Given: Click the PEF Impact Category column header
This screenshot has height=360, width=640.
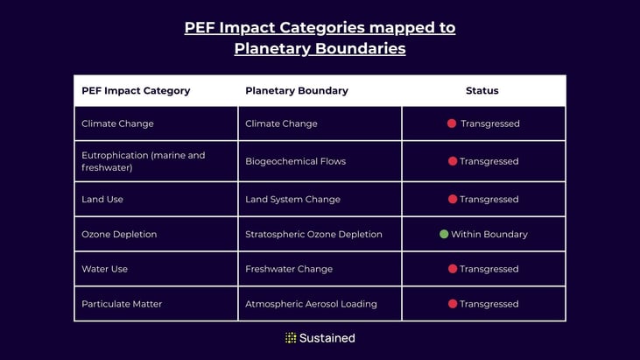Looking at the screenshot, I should pos(136,91).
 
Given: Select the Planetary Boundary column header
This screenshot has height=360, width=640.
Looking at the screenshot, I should pos(297,91).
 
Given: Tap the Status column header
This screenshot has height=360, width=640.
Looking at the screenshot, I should pos(482,91).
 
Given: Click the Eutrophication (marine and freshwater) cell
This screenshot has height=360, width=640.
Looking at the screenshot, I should pos(144,161).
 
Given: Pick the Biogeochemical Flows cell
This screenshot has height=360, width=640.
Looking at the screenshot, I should pos(295,161).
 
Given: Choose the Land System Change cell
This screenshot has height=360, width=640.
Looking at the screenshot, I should pos(292,200).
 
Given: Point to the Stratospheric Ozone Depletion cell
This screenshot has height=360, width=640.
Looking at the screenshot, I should pos(313,235).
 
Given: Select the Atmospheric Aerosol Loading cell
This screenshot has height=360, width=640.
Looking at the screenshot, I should pos(311,304).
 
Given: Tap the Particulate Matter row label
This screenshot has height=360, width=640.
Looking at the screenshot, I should pos(122,304).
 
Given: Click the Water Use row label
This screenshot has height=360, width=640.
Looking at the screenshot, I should pos(104,269).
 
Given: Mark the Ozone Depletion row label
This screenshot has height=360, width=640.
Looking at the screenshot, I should pos(119,235).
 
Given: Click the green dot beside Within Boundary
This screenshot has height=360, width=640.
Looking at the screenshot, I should pos(444,234).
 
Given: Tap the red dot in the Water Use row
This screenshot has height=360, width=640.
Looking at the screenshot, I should pos(453,269).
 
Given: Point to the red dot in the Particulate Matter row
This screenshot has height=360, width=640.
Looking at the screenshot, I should pos(453,304).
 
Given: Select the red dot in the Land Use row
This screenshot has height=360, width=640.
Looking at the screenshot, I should pos(453,200).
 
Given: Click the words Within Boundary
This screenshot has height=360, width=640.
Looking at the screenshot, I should pos(489,235).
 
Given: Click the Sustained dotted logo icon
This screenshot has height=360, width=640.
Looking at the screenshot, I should pos(291,338).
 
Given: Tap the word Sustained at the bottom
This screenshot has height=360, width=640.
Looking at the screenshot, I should pos(327,338).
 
